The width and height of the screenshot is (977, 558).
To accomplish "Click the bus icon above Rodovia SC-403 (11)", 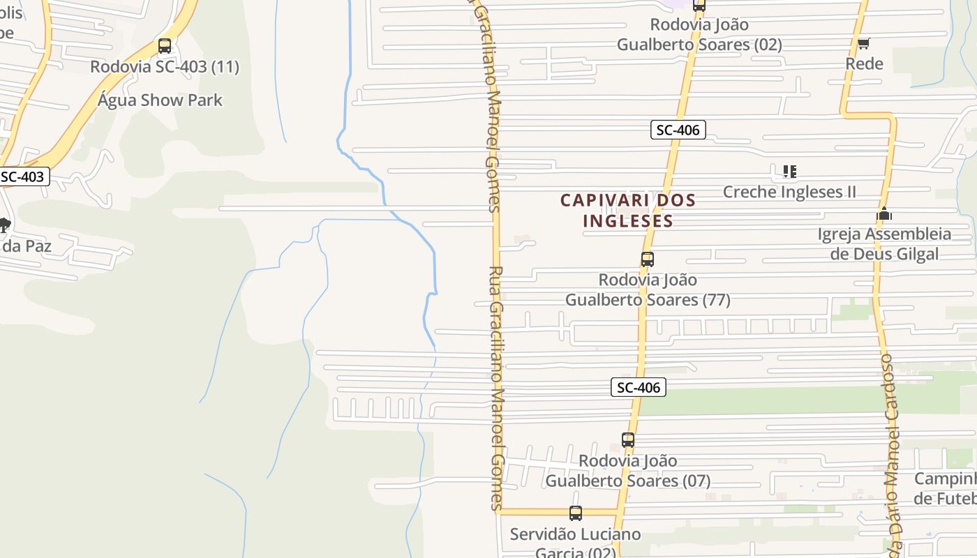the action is click(x=165, y=46).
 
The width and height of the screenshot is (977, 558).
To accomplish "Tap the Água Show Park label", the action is click(x=160, y=100).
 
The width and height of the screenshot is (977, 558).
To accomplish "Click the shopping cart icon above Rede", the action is click(x=863, y=44).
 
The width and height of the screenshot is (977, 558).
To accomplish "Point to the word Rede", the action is click(x=864, y=63).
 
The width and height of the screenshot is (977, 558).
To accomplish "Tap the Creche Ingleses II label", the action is click(x=789, y=192).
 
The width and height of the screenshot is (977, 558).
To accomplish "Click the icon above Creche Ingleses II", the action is click(x=789, y=171).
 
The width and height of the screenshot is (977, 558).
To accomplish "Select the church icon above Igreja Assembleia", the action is click(x=884, y=214).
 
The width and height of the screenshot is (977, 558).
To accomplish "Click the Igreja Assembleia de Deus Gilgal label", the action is click(x=884, y=243).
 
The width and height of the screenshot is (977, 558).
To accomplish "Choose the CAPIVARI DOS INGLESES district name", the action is click(x=628, y=211).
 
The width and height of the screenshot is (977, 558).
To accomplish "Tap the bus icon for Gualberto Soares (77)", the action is click(x=648, y=259).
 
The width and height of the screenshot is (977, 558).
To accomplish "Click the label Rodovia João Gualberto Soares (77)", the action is click(x=648, y=289).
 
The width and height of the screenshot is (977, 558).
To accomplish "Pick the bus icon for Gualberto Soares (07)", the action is click(x=628, y=440).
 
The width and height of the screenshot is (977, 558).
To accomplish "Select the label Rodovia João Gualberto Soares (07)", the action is click(x=628, y=471).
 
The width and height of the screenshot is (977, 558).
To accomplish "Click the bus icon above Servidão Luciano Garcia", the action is click(x=575, y=513).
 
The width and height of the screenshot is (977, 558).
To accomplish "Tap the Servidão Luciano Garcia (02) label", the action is click(x=575, y=544).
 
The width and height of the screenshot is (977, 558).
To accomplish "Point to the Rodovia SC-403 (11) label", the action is click(x=165, y=67).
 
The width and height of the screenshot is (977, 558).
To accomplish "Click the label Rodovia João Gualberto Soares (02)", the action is click(x=699, y=34).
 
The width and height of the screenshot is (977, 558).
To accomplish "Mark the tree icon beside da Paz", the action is click(x=4, y=225).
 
